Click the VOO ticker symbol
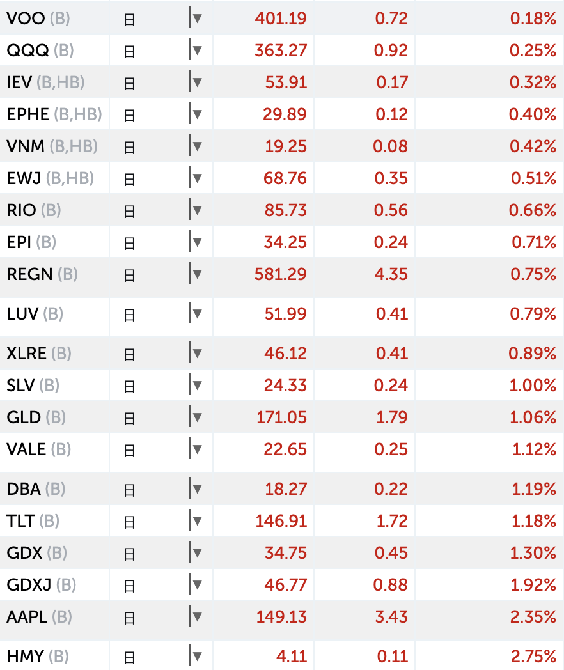click(26, 19)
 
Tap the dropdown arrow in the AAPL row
click(198, 617)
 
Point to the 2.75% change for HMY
click(533, 657)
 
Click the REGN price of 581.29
click(281, 274)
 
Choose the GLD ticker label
click(24, 417)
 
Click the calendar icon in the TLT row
click(129, 522)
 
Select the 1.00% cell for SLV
click(533, 386)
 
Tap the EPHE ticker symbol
click(28, 114)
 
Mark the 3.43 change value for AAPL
click(391, 617)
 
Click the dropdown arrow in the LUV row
click(198, 314)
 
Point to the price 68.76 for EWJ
click(285, 178)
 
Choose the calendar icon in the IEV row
click(129, 83)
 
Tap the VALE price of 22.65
click(285, 449)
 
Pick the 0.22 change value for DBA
click(391, 489)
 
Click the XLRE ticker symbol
click(27, 354)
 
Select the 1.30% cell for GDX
click(533, 553)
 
